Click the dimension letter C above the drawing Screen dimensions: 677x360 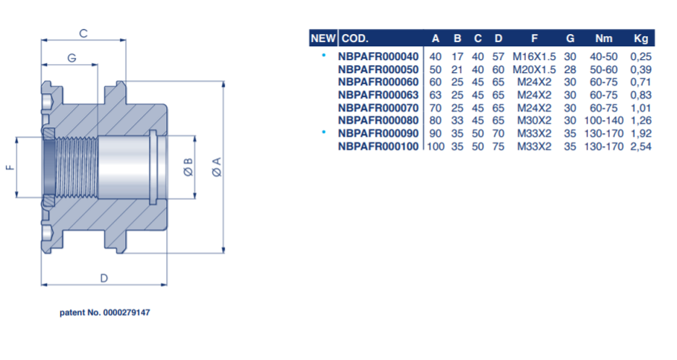[83, 33]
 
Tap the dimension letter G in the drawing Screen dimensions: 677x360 [72, 58]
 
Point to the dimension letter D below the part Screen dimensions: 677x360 [104, 278]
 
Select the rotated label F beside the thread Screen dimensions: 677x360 [10, 167]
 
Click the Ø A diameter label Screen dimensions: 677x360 [217, 167]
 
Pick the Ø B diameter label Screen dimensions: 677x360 [189, 167]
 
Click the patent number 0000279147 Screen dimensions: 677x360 [126, 312]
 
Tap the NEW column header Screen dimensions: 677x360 [323, 38]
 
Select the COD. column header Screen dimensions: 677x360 [355, 38]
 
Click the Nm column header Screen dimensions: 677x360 [603, 38]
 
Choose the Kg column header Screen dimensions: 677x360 [641, 38]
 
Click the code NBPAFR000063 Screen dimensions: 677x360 [378, 95]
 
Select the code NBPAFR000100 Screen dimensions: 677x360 [378, 147]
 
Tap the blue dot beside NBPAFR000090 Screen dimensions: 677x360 [324, 132]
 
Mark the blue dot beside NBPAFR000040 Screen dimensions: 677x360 [324, 55]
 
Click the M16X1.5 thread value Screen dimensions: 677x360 [534, 56]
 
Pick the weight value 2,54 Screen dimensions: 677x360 [641, 147]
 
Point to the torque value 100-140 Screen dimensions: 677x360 [603, 121]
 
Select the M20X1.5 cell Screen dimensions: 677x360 [534, 69]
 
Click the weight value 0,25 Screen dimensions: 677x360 [641, 56]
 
